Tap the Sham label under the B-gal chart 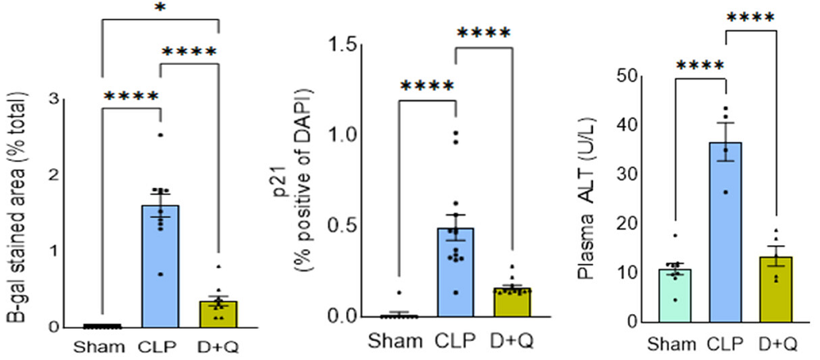pos(103,345)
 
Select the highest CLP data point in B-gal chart pos(161,134)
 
